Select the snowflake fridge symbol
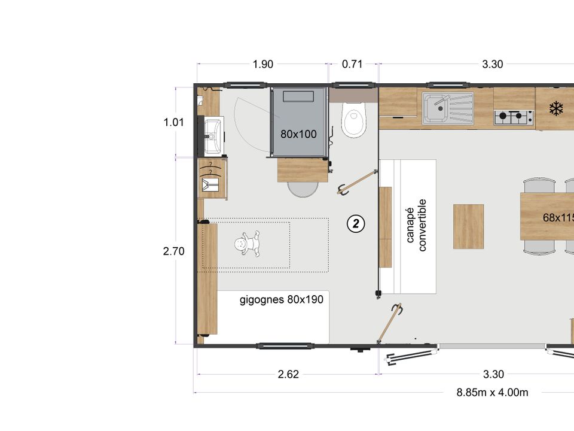pyautogui.click(x=556, y=109)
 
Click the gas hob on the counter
pyautogui.click(x=513, y=117)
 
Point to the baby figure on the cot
pyautogui.click(x=248, y=243)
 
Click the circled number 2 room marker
pyautogui.click(x=356, y=223)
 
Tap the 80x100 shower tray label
pyautogui.click(x=298, y=134)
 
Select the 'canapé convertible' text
pyautogui.click(x=416, y=226)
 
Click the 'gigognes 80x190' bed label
pyautogui.click(x=282, y=299)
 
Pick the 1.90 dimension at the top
pyautogui.click(x=263, y=64)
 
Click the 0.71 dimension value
pyautogui.click(x=352, y=64)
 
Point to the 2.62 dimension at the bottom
pyautogui.click(x=288, y=374)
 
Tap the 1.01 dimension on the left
pyautogui.click(x=173, y=122)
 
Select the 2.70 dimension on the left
pyautogui.click(x=173, y=251)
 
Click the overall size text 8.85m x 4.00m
pyautogui.click(x=492, y=393)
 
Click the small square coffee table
pyautogui.click(x=469, y=226)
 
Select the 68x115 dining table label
pyautogui.click(x=558, y=218)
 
